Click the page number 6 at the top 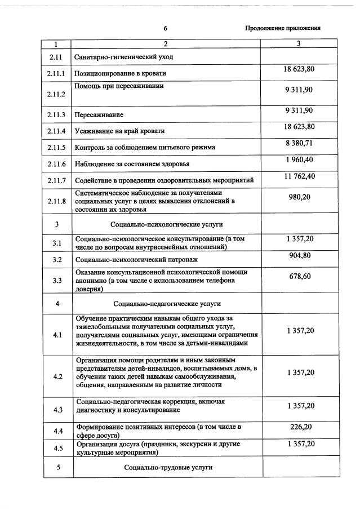pyautogui.click(x=166, y=28)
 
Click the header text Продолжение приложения pyautogui.click(x=283, y=28)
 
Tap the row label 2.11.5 pyautogui.click(x=57, y=148)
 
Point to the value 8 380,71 pyautogui.click(x=300, y=143)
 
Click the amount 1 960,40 pyautogui.click(x=300, y=159)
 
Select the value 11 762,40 pyautogui.click(x=300, y=176)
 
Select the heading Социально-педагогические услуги pyautogui.click(x=167, y=304)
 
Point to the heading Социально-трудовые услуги pyautogui.click(x=167, y=468)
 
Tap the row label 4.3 pyautogui.click(x=57, y=410)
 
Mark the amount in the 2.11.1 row pyautogui.click(x=300, y=69)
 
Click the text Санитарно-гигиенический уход pyautogui.click(x=123, y=57)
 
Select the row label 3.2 pyautogui.click(x=57, y=260)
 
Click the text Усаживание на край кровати pyautogui.click(x=119, y=131)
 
